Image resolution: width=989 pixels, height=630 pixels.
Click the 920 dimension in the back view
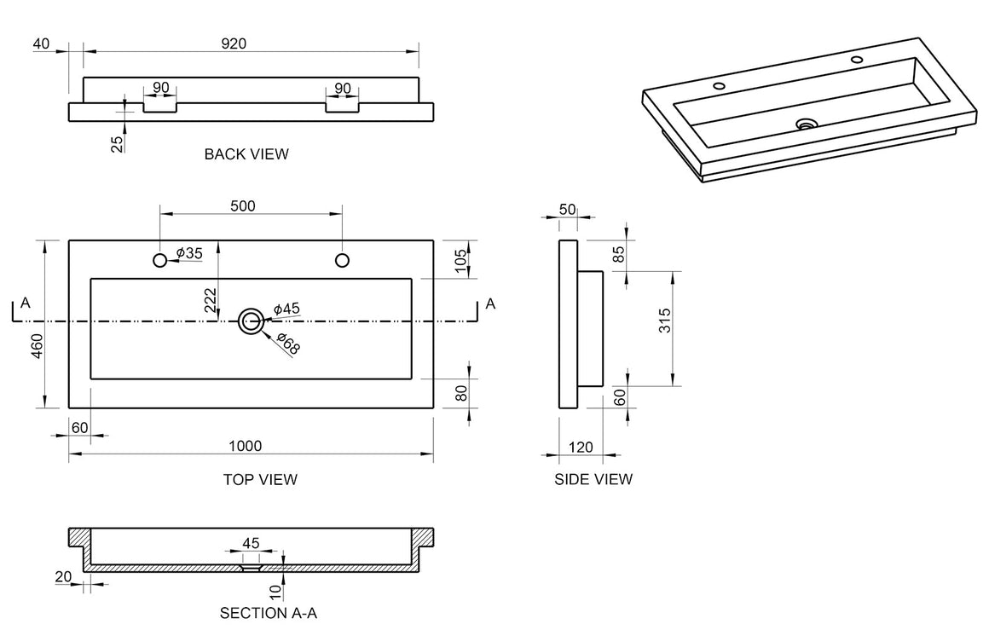coord(234,43)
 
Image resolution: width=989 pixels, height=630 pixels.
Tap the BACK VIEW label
coord(246,153)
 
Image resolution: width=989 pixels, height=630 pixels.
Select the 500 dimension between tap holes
coord(243,206)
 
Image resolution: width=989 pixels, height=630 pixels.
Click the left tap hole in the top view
coord(160,260)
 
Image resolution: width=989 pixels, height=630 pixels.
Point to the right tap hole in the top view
coord(342,260)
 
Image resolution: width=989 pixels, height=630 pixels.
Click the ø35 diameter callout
coord(189,253)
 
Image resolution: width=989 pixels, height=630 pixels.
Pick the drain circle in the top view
coord(251,321)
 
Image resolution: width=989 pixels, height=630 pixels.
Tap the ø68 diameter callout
coord(288,342)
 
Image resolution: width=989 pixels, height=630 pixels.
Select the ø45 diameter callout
coord(286,309)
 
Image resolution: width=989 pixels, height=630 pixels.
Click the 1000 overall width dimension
coord(245,446)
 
